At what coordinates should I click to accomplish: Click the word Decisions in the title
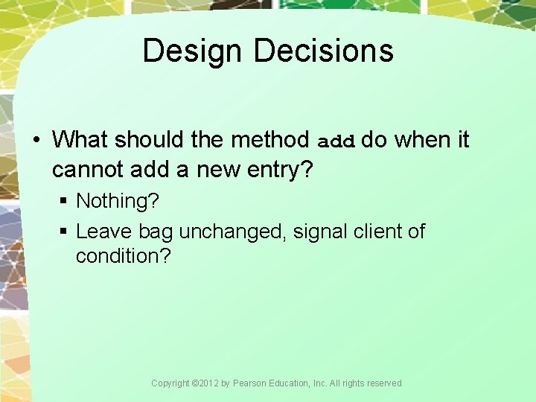(x=323, y=51)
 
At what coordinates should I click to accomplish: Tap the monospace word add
(x=338, y=141)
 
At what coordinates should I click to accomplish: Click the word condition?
(x=124, y=256)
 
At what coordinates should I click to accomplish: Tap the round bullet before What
(x=38, y=140)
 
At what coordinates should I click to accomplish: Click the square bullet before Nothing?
(x=66, y=202)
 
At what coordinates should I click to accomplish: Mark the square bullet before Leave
(x=66, y=232)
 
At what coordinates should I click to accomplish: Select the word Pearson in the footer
(x=250, y=383)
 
